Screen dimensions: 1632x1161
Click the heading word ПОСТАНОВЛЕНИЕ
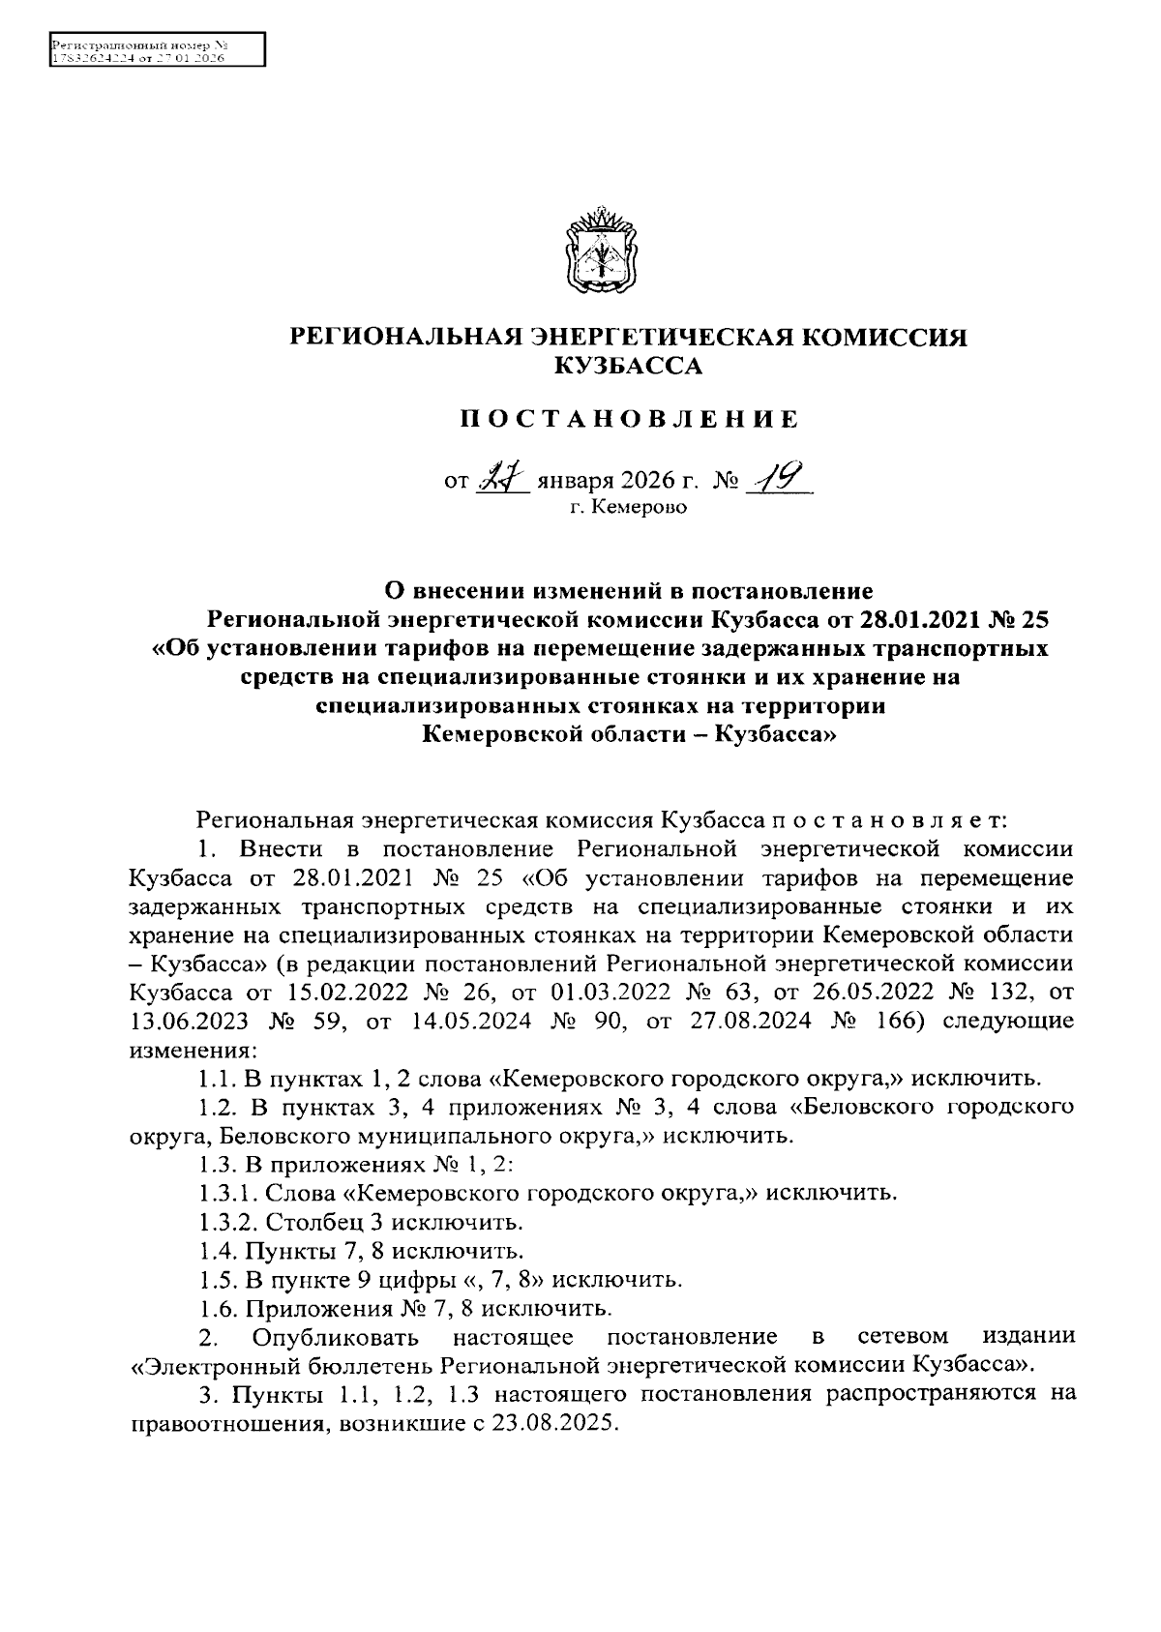(629, 419)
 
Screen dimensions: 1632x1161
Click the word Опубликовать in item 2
(335, 1338)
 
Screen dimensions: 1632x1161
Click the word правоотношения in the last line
(225, 1426)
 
